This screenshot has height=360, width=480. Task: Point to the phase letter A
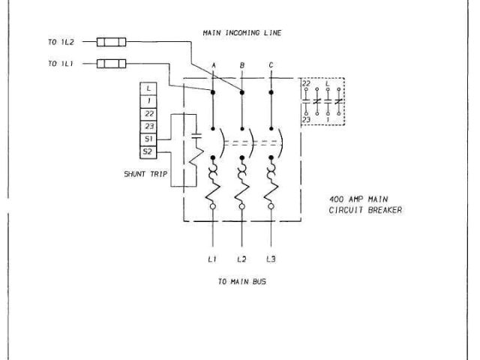click(214, 67)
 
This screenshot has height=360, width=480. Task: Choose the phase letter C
click(270, 67)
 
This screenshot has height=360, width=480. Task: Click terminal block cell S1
click(150, 139)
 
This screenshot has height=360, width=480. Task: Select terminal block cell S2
click(150, 152)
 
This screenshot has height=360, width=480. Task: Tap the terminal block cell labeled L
click(150, 88)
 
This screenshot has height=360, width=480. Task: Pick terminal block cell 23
click(150, 127)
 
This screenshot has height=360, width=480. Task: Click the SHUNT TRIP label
click(145, 174)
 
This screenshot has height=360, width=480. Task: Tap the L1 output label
click(212, 259)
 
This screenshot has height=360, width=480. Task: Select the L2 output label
click(241, 259)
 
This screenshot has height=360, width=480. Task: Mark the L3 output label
click(270, 259)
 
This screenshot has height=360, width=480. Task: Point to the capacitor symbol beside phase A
click(196, 137)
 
